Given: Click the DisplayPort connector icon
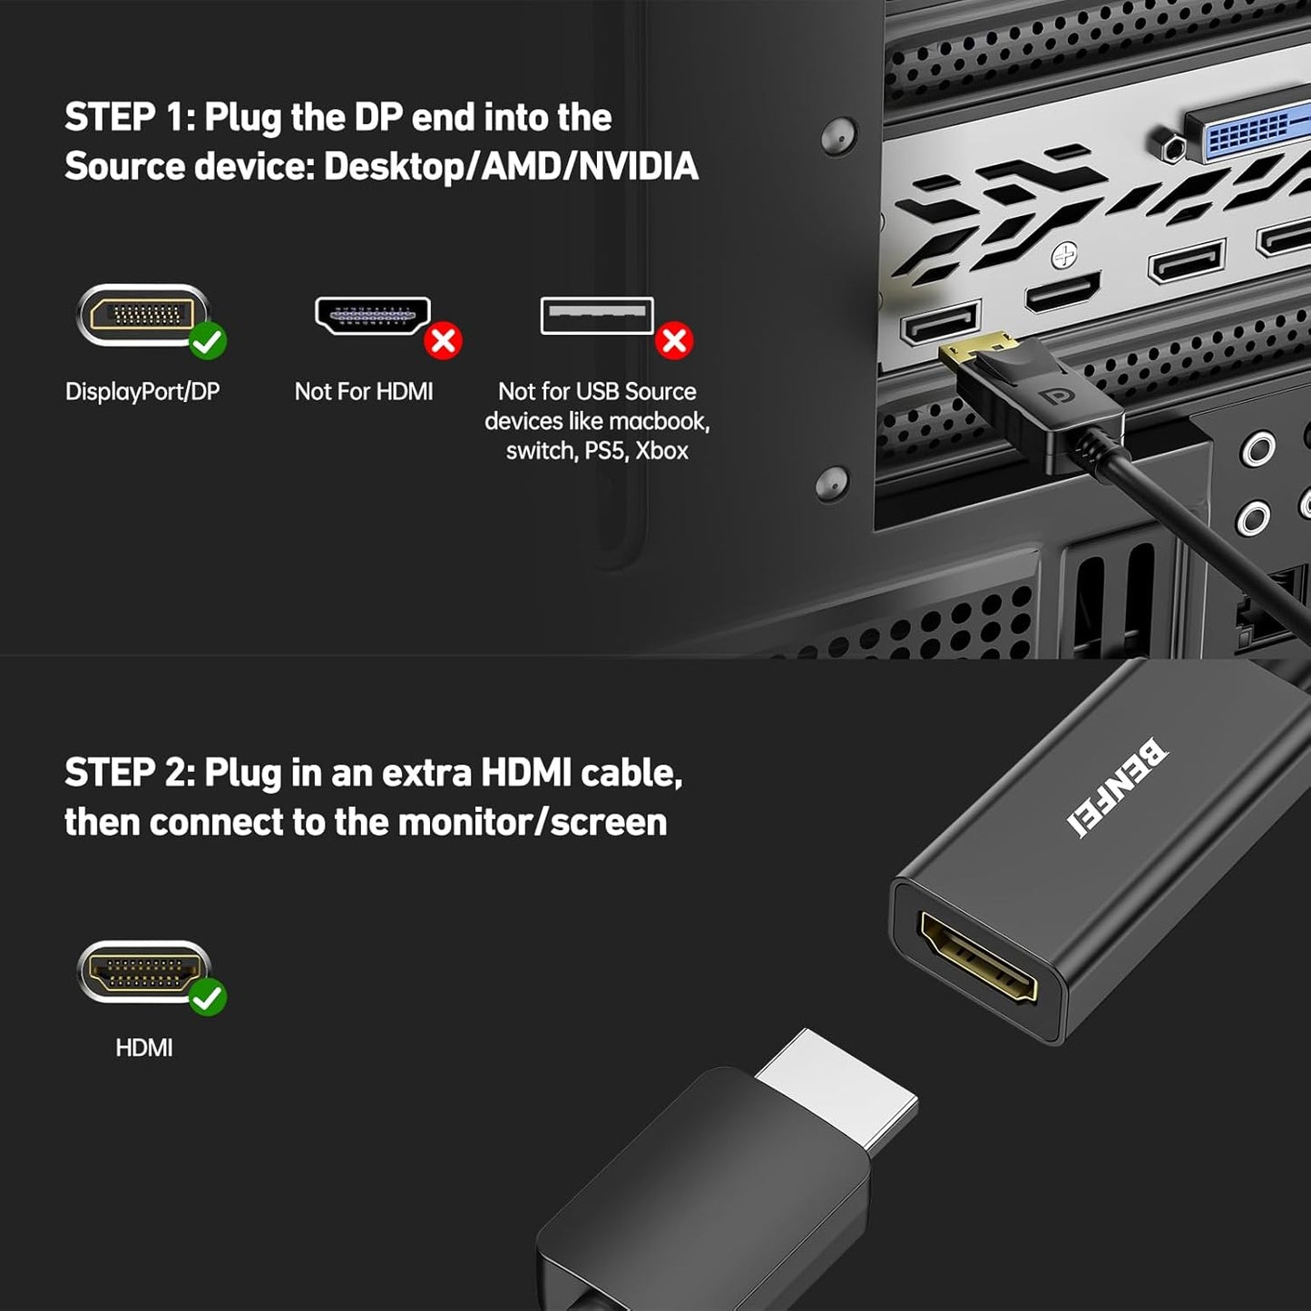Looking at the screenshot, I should click(x=142, y=315).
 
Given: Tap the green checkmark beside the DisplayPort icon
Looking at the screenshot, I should click(x=208, y=341).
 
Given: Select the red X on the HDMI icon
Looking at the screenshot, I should click(x=443, y=341).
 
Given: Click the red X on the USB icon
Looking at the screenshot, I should click(x=674, y=341).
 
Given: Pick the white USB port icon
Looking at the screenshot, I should click(x=596, y=316).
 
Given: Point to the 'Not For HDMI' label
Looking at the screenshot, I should click(x=364, y=392).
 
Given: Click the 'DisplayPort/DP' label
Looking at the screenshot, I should click(x=142, y=392).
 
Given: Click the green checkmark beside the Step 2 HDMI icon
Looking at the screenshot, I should click(x=208, y=997).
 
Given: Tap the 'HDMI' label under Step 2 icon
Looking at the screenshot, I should click(x=143, y=1048).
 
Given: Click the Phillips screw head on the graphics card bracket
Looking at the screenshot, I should click(x=1063, y=258).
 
